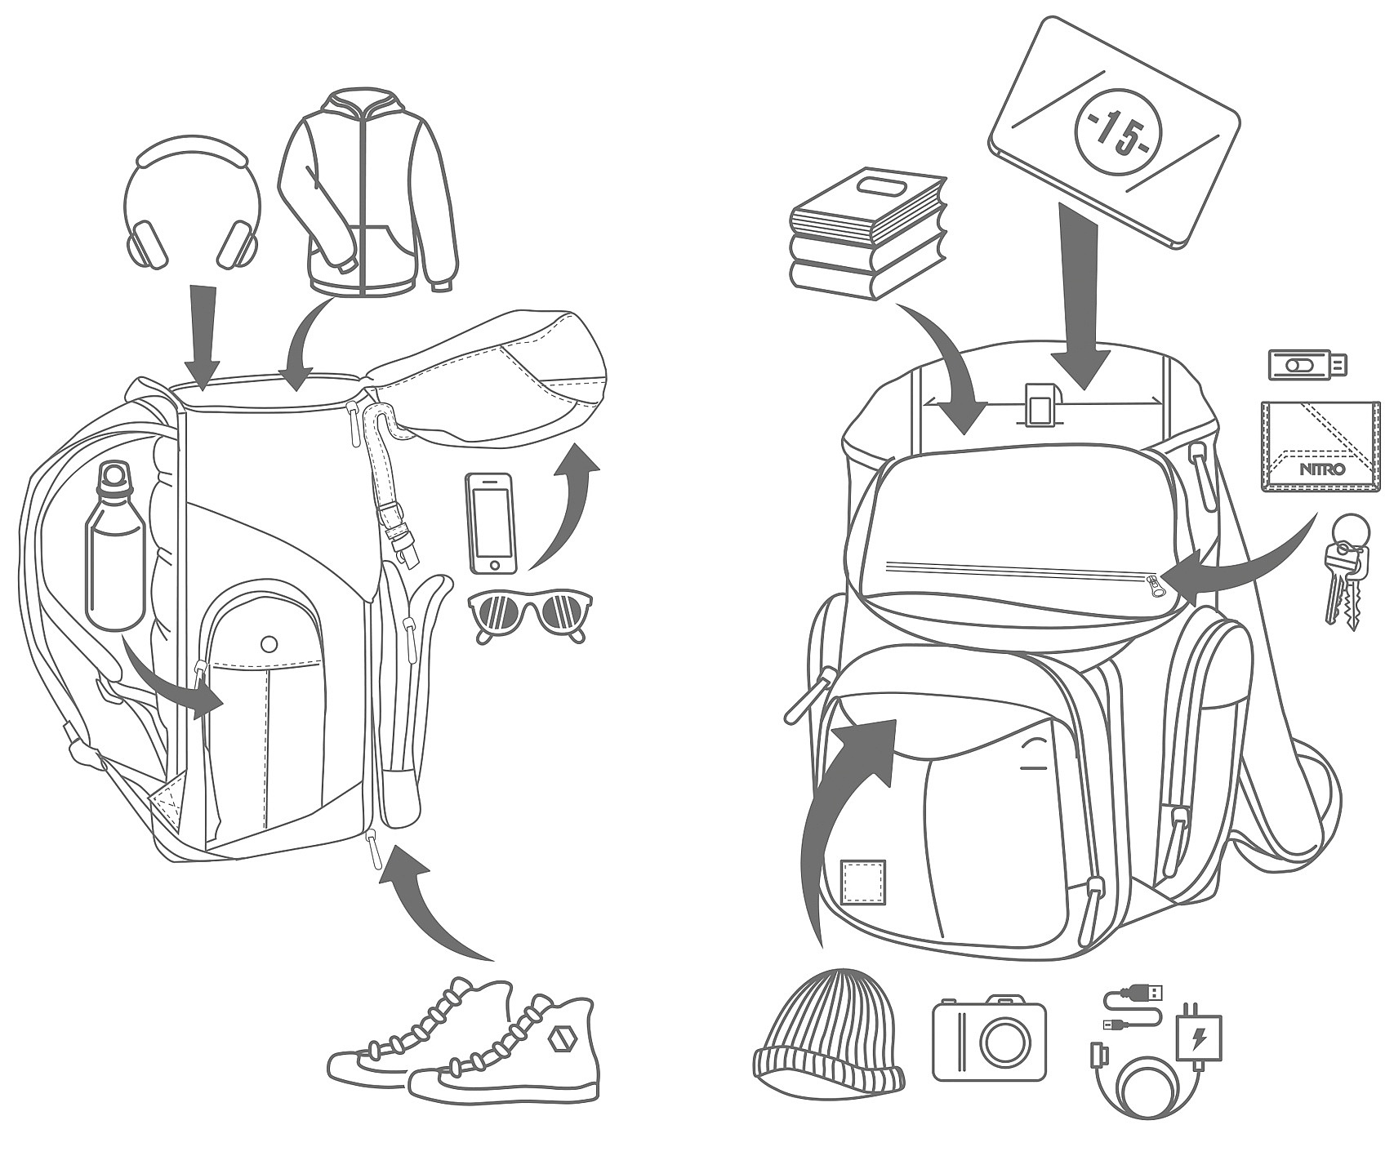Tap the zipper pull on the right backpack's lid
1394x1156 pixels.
pos(1155,585)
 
